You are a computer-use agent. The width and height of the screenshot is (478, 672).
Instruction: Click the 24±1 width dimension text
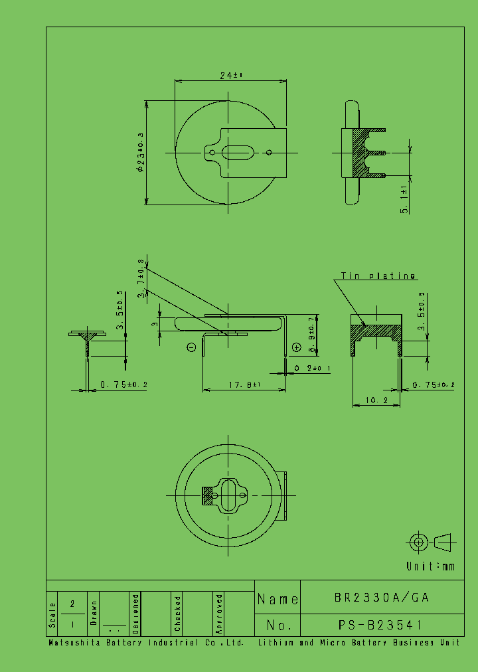pos(231,76)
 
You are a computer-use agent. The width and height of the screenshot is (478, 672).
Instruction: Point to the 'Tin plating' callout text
pos(378,276)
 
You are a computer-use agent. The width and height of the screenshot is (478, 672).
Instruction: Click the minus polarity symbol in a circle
pos(191,346)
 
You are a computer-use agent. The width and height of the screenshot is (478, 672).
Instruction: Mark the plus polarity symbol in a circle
pos(297,347)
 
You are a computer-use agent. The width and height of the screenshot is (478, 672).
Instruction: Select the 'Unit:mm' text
pos(431,566)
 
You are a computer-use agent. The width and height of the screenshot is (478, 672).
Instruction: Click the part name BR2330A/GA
pos(382,598)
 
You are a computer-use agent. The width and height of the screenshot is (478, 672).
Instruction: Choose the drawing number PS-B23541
pos(382,625)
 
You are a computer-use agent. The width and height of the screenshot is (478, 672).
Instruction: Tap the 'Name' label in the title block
pos(278,598)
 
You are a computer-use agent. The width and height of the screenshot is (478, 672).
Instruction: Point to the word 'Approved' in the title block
pos(219,613)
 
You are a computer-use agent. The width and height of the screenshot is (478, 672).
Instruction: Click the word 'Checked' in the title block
pos(178,613)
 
